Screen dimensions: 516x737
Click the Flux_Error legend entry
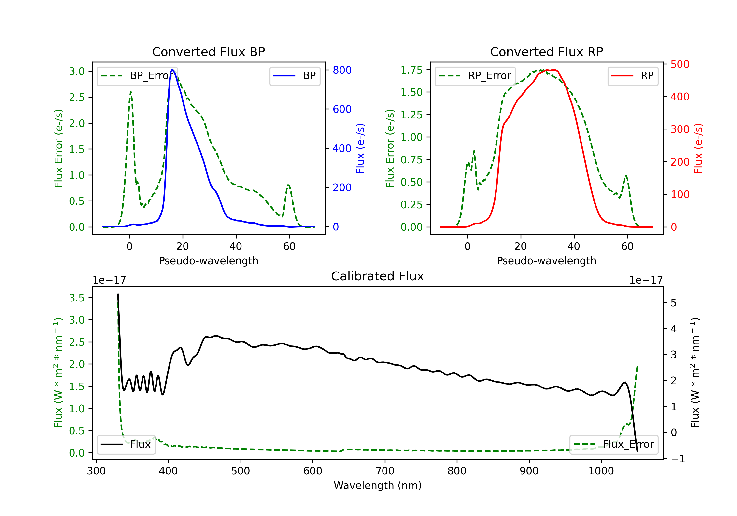tap(613, 444)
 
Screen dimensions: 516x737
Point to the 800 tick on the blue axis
tap(342, 70)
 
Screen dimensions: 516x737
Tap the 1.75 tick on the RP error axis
tap(411, 70)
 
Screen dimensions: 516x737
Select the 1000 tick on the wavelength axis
tap(601, 471)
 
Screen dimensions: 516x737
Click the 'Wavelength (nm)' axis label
tap(378, 486)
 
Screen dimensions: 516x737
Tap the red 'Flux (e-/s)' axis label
tap(698, 149)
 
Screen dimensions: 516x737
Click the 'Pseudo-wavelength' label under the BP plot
tap(208, 261)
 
